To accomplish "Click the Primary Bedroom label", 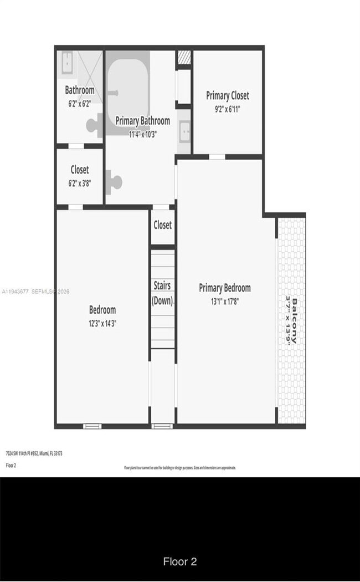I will (224, 288).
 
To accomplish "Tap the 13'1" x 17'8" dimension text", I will (224, 302).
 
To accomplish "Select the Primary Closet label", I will (227, 96).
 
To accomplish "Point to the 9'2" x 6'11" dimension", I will (227, 109).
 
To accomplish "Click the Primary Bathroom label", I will (142, 121).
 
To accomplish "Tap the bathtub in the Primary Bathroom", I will (128, 83).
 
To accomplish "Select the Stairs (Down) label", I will (162, 293).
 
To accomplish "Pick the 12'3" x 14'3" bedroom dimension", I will (102, 323).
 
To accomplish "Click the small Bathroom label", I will (80, 90).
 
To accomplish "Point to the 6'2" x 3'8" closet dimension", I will (80, 183).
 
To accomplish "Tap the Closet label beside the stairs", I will (162, 225).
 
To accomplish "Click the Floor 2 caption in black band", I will (179, 561).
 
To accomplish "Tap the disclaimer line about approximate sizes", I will (179, 468).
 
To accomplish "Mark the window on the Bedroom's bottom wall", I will (92, 426).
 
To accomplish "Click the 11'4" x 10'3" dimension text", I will (142, 134).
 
